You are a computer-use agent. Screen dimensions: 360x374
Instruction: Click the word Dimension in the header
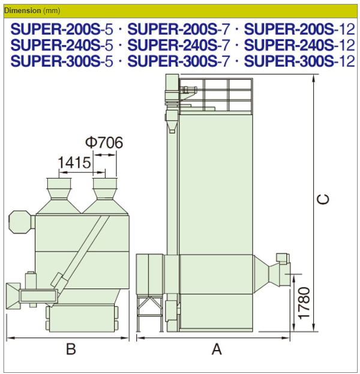click(23, 11)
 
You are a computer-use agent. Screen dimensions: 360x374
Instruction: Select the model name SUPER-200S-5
click(62, 29)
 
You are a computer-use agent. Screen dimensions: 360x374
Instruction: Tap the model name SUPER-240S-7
click(179, 45)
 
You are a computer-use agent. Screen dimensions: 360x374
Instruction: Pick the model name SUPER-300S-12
click(299, 61)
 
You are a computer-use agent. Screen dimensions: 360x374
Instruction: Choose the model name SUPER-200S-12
click(299, 29)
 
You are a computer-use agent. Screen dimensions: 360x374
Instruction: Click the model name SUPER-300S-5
click(62, 61)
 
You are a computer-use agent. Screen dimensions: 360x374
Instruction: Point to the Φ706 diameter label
click(104, 143)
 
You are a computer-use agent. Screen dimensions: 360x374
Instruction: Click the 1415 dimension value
click(74, 162)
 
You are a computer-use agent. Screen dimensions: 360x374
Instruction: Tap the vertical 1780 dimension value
click(304, 303)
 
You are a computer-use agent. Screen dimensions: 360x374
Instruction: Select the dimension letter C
click(323, 199)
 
